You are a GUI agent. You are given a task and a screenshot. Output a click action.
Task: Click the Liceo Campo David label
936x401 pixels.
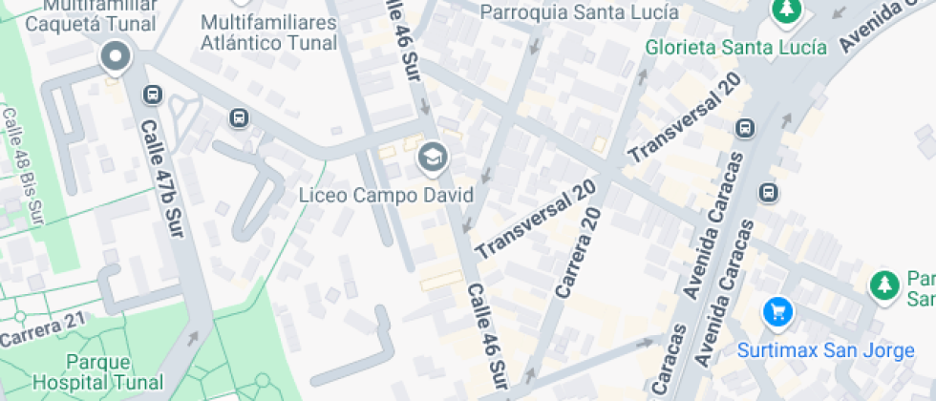click(x=386, y=196)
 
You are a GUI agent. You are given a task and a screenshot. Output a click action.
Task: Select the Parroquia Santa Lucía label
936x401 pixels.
click(x=579, y=12)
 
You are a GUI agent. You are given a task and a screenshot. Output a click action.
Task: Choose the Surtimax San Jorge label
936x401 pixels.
click(x=825, y=350)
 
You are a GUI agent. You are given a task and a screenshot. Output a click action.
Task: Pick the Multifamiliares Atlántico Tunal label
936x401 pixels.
click(x=269, y=32)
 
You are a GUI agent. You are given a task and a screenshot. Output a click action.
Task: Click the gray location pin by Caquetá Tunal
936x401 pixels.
click(x=116, y=56)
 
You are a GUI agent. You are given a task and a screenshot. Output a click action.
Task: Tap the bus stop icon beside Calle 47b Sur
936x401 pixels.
click(x=152, y=95)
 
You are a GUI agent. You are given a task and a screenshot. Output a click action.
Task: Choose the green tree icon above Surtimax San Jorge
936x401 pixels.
click(x=885, y=285)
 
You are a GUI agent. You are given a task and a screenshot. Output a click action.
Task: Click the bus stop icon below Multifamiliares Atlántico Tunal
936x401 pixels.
click(x=239, y=118)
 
